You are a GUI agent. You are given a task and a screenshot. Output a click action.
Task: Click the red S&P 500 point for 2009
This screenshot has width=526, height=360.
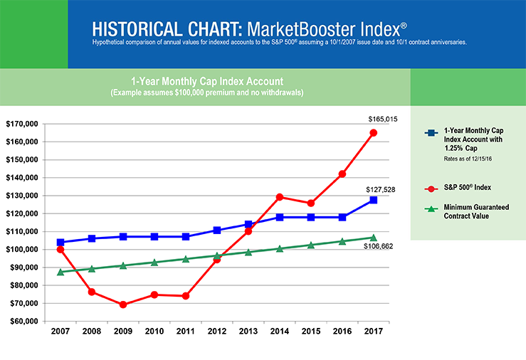pos(123,305)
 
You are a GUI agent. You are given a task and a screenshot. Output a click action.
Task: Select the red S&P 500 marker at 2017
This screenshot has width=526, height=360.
pos(373,132)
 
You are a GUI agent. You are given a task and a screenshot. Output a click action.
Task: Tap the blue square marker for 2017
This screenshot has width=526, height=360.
pos(373,200)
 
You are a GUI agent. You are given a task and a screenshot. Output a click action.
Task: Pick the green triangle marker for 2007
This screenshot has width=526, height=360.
pos(61,272)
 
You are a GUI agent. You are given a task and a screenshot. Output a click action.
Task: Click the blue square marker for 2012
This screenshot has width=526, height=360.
pos(216,231)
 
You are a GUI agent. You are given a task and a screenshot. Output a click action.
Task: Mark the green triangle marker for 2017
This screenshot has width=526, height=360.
pos(373,238)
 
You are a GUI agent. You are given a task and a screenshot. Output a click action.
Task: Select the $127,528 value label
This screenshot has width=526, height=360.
pos(382,190)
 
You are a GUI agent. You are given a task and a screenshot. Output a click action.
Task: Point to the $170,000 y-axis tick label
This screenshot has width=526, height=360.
pos(21,124)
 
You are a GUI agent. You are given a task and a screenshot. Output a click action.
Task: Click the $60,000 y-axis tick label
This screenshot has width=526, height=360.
pos(23,321)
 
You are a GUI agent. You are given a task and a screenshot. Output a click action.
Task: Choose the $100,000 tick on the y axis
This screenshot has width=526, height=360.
pos(21,250)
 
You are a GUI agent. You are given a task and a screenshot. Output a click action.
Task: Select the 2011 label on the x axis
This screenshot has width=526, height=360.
pos(185,332)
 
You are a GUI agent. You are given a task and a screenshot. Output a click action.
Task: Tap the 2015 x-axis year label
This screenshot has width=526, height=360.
pos(310,332)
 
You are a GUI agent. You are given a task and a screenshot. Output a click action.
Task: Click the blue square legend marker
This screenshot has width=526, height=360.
pos(431,132)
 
